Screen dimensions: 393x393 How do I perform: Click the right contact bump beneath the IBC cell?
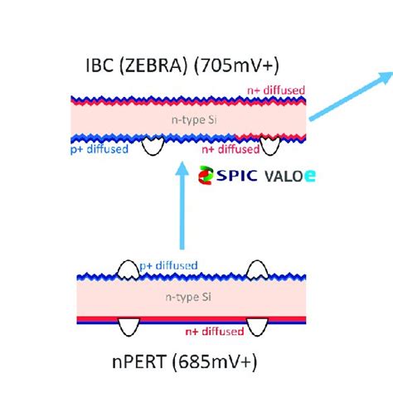click(x=269, y=147)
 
